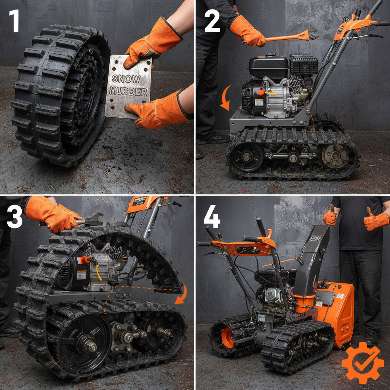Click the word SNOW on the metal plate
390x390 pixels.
click(126, 79)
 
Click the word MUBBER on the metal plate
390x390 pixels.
click(128, 91)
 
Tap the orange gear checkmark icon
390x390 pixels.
click(362, 362)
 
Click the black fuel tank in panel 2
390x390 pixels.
click(269, 67)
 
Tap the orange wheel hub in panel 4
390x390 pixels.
click(228, 337)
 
